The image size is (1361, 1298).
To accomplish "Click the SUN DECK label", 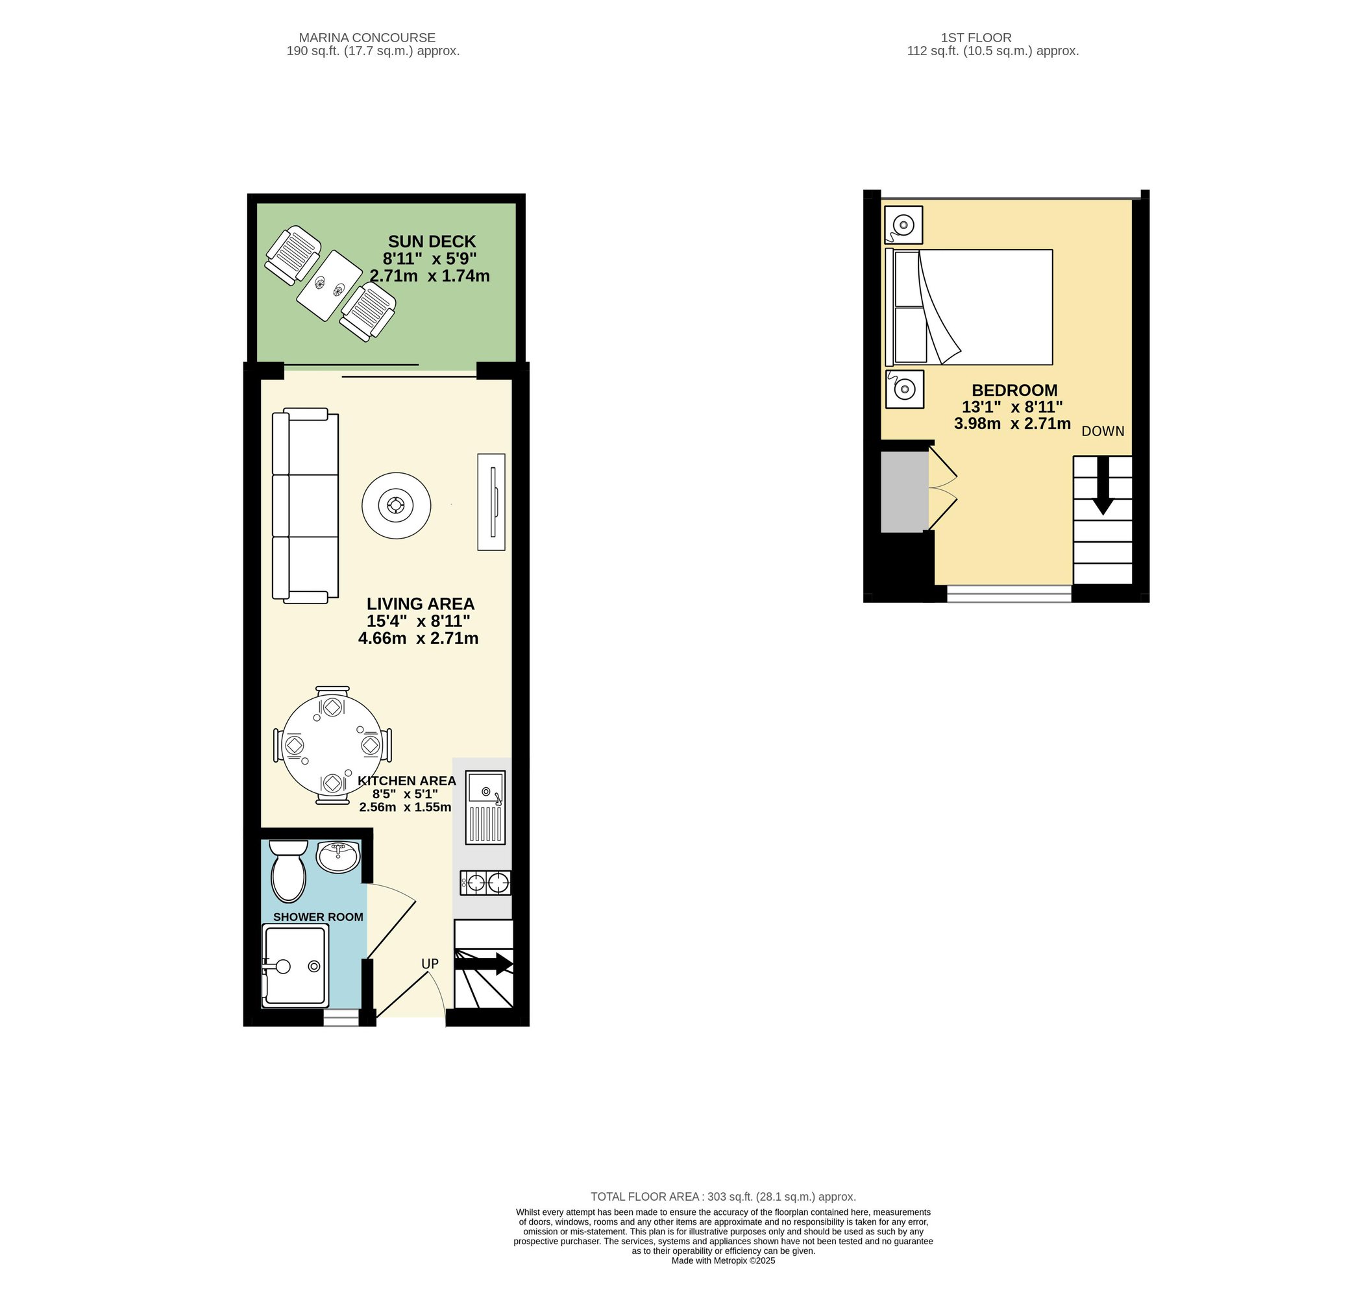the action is (431, 241).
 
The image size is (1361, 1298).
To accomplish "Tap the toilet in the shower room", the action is (288, 871).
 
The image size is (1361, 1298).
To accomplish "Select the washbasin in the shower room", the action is (337, 857).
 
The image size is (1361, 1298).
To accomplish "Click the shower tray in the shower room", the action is (294, 966).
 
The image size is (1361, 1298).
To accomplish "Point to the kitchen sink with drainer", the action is (485, 807).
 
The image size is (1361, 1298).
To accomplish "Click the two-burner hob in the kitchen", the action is (485, 883).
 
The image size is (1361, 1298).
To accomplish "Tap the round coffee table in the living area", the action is (396, 506).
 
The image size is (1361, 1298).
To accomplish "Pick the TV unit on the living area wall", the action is (491, 502).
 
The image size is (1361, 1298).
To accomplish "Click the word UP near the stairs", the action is (430, 964).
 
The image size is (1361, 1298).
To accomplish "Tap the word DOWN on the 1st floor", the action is (1102, 431).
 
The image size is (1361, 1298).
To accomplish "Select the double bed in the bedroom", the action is (969, 307).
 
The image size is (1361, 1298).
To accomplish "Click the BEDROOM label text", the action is (1014, 390).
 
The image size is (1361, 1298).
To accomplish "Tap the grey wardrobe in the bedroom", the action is (904, 491).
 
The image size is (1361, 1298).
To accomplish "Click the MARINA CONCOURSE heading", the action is (367, 38).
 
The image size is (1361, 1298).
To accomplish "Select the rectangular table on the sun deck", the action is (329, 285).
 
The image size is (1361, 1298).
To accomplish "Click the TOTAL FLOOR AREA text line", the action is (723, 1196).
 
